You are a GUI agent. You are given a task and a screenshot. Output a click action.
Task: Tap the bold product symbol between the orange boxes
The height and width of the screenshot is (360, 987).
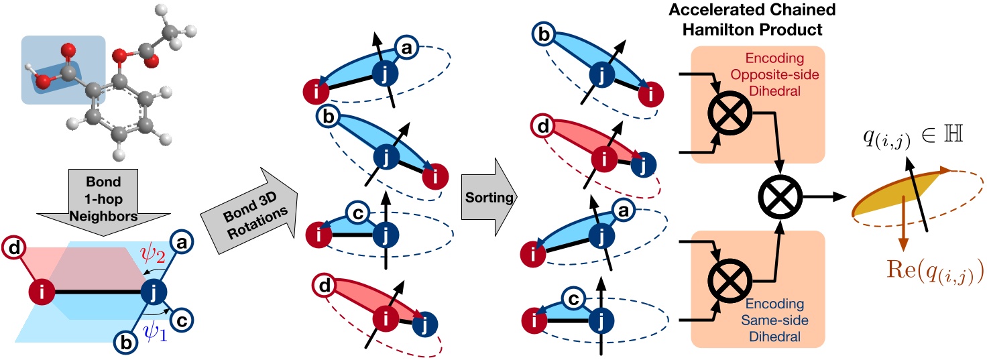coord(782,198)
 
